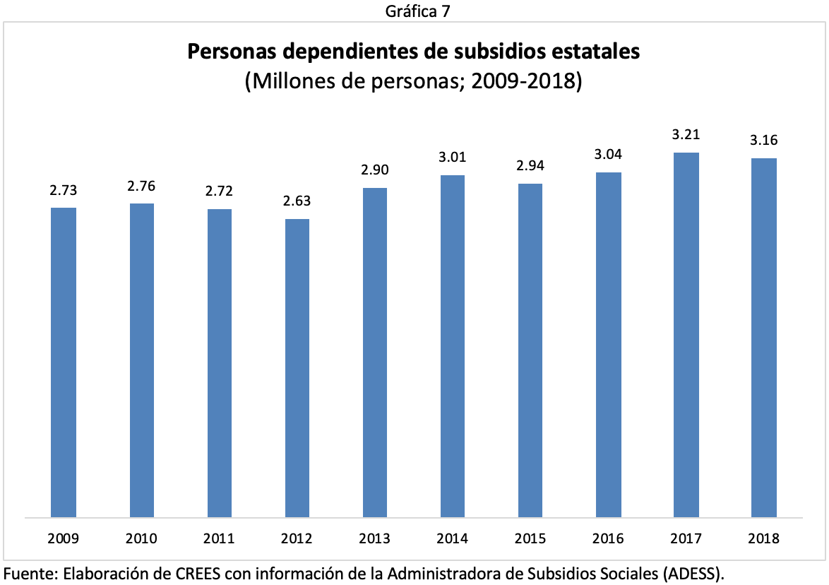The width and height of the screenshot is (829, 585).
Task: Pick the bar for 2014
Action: tap(453, 345)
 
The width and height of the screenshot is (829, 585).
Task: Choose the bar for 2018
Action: tap(763, 337)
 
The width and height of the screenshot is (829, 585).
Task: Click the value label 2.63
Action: tap(297, 201)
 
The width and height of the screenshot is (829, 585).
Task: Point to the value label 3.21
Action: tap(686, 134)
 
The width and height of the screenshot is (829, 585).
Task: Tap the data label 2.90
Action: tap(375, 170)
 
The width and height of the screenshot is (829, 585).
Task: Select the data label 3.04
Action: tap(608, 155)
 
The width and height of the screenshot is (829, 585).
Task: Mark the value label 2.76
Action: tap(141, 186)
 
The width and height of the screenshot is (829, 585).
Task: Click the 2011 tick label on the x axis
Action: tap(219, 539)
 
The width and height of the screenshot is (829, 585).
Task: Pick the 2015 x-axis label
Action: tap(530, 539)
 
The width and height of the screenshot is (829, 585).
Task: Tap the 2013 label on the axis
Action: tap(375, 539)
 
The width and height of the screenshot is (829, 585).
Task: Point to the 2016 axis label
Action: tap(608, 539)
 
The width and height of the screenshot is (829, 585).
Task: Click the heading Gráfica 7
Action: tap(415, 10)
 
